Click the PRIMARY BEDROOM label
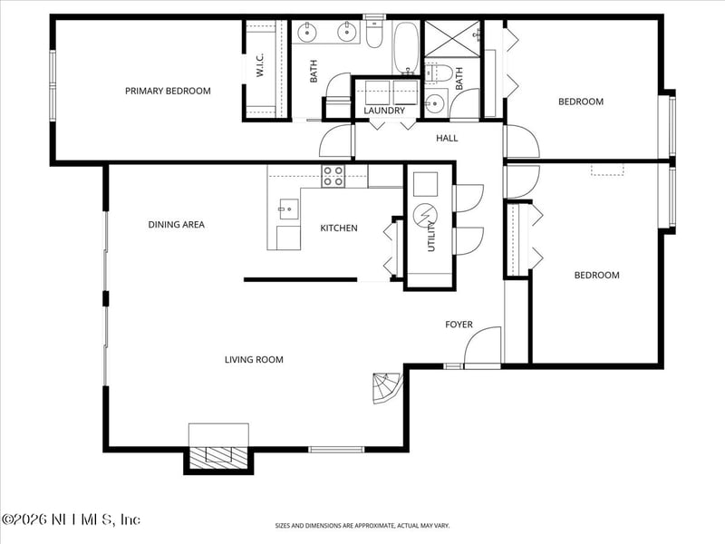[168, 91]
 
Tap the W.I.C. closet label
[259, 65]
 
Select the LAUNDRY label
[384, 111]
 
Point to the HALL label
[447, 139]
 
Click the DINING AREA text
[176, 225]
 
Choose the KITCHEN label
[338, 228]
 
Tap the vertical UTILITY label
[432, 238]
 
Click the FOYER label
[459, 325]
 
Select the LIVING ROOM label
[254, 360]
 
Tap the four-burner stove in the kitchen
[333, 175]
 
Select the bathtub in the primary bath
[404, 47]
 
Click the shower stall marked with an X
[450, 38]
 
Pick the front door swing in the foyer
[480, 347]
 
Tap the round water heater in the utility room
[424, 216]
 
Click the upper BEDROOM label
[580, 102]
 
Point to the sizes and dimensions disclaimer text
[362, 525]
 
